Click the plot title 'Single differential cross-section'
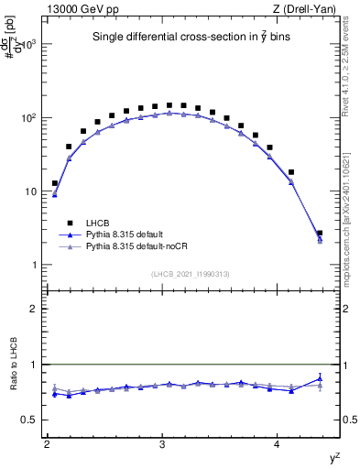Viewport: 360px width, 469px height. coord(191,38)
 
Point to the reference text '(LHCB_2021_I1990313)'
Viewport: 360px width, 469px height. coord(191,274)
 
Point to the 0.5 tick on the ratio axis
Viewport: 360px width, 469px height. coord(29,420)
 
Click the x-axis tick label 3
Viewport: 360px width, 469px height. coord(162,444)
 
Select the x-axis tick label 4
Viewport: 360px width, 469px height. coord(278,444)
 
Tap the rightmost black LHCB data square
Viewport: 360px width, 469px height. coord(320,234)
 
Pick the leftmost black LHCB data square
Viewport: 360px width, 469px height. coord(55,183)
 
